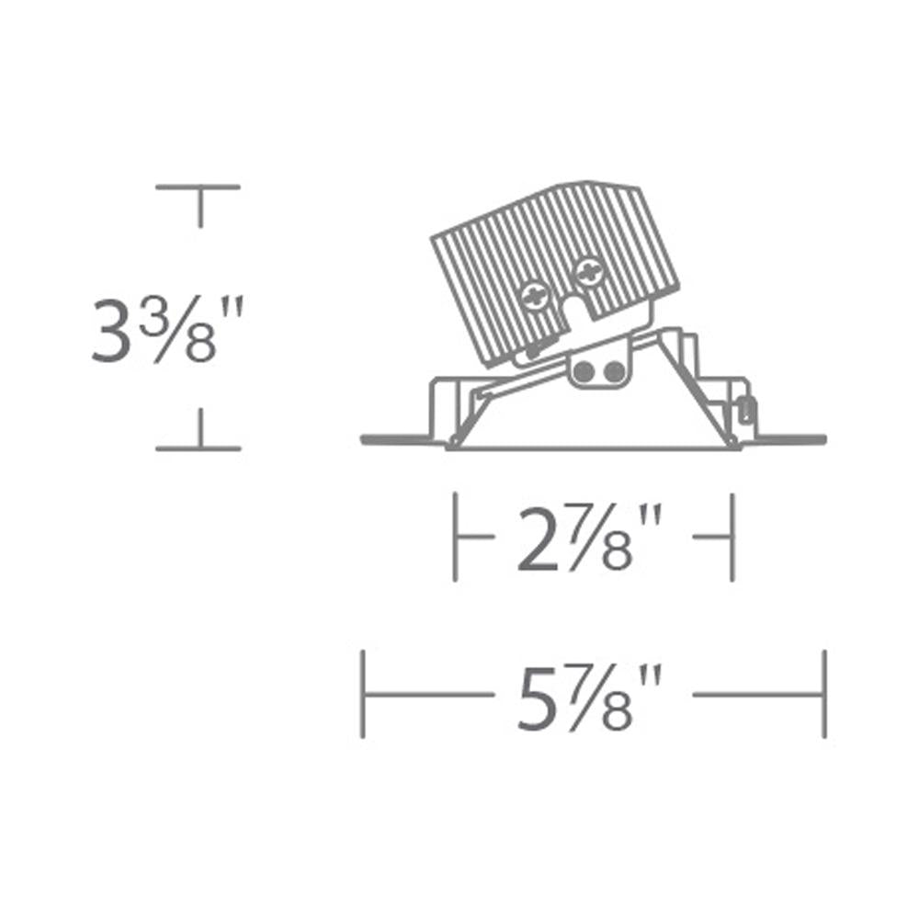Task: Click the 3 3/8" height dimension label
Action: tap(167, 329)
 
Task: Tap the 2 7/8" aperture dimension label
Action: tap(589, 538)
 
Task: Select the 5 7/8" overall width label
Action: tap(589, 697)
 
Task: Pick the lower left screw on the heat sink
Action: tap(535, 297)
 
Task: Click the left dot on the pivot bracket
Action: tap(584, 370)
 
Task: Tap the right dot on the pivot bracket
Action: tap(614, 370)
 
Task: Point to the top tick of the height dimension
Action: tap(199, 187)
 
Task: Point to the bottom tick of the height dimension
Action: tap(199, 448)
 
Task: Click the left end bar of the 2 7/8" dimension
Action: tap(456, 537)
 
